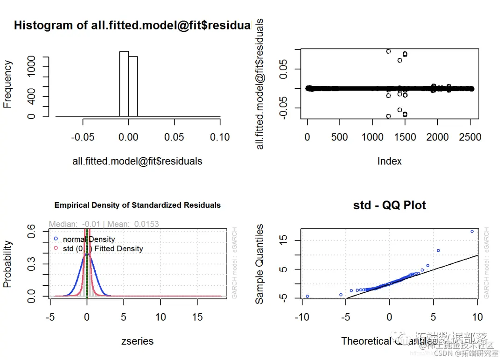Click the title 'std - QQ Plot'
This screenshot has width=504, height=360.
pyautogui.click(x=390, y=205)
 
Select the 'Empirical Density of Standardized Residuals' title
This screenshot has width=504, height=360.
pyautogui.click(x=138, y=205)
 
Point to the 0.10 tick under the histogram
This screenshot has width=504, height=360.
pyautogui.click(x=220, y=137)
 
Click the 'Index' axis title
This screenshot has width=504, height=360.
pyautogui.click(x=389, y=161)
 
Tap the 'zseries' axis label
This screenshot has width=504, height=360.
pyautogui.click(x=137, y=341)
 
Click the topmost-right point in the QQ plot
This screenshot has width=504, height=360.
pyautogui.click(x=472, y=231)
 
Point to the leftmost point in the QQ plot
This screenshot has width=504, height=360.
pyautogui.click(x=307, y=296)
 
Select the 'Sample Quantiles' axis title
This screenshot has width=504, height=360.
pyautogui.click(x=260, y=264)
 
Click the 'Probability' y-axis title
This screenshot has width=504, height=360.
pyautogui.click(x=7, y=264)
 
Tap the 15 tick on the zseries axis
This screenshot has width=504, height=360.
pyautogui.click(x=197, y=317)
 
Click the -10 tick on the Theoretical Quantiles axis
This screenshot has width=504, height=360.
pyautogui.click(x=301, y=318)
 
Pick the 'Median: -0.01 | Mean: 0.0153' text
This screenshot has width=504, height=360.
pyautogui.click(x=104, y=224)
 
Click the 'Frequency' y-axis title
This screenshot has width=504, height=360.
pyautogui.click(x=7, y=84)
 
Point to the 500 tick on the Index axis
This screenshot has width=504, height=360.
pyautogui.click(x=339, y=137)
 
